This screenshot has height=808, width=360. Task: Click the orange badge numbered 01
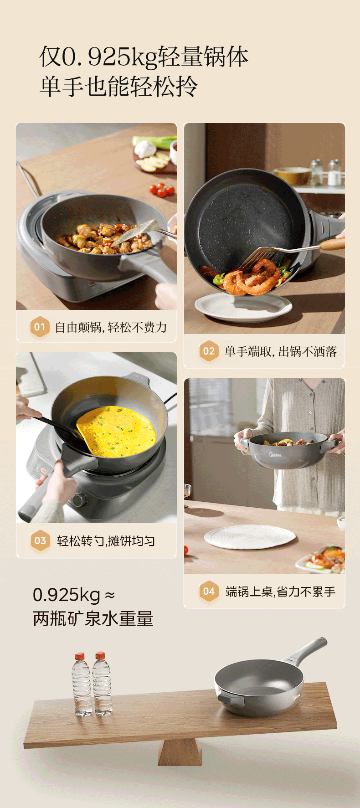(40, 327)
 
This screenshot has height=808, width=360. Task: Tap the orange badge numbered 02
(209, 351)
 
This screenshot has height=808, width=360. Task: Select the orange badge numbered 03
(40, 540)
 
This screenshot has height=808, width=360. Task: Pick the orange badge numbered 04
(209, 591)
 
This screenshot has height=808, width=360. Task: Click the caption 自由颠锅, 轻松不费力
(111, 327)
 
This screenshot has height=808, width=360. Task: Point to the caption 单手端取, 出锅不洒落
(280, 351)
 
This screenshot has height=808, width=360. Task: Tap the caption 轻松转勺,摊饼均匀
(106, 541)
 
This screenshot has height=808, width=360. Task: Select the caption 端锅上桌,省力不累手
(280, 592)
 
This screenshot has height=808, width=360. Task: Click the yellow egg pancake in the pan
(116, 431)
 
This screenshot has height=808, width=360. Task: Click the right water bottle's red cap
(100, 656)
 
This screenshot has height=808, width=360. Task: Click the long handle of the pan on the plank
(305, 649)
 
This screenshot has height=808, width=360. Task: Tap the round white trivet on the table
(250, 536)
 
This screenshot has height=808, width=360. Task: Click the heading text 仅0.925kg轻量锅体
(144, 57)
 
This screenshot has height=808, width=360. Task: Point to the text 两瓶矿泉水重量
(93, 618)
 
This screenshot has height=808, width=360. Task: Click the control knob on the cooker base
(78, 499)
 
